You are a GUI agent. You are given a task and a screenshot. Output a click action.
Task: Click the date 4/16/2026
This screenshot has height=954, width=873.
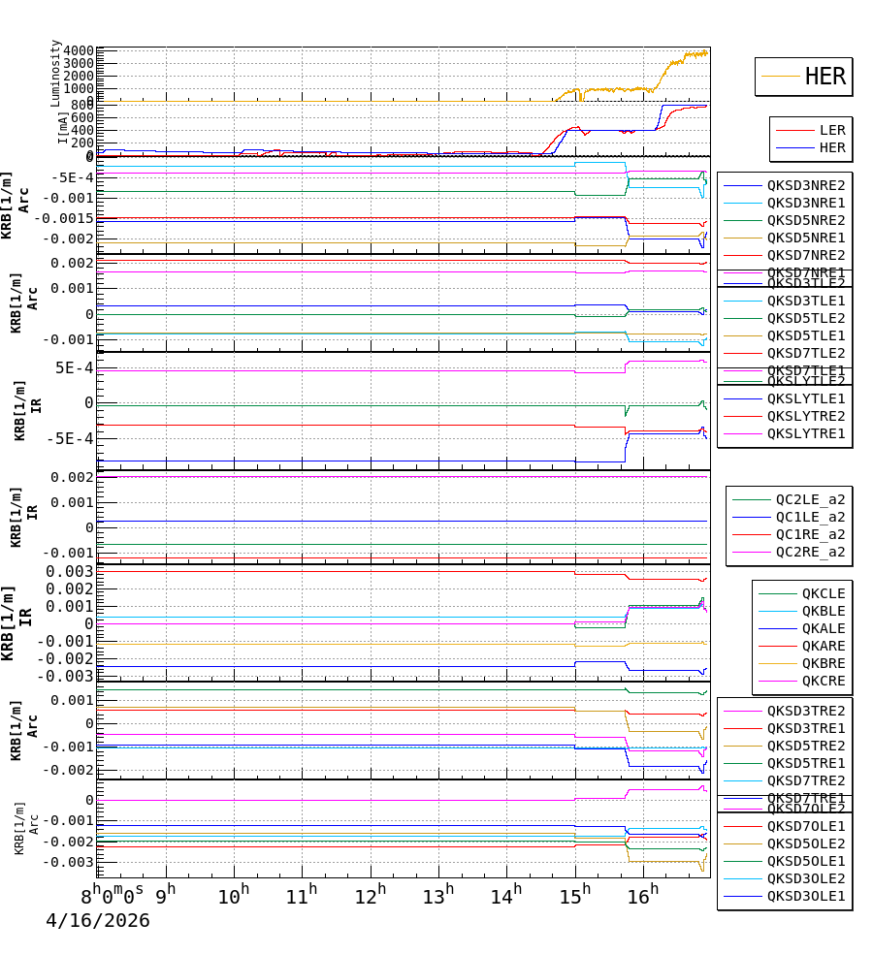[98, 920]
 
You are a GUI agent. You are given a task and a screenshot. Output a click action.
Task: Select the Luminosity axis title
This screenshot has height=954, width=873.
[56, 73]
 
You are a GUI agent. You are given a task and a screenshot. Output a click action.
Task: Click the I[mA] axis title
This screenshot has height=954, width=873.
[64, 128]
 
